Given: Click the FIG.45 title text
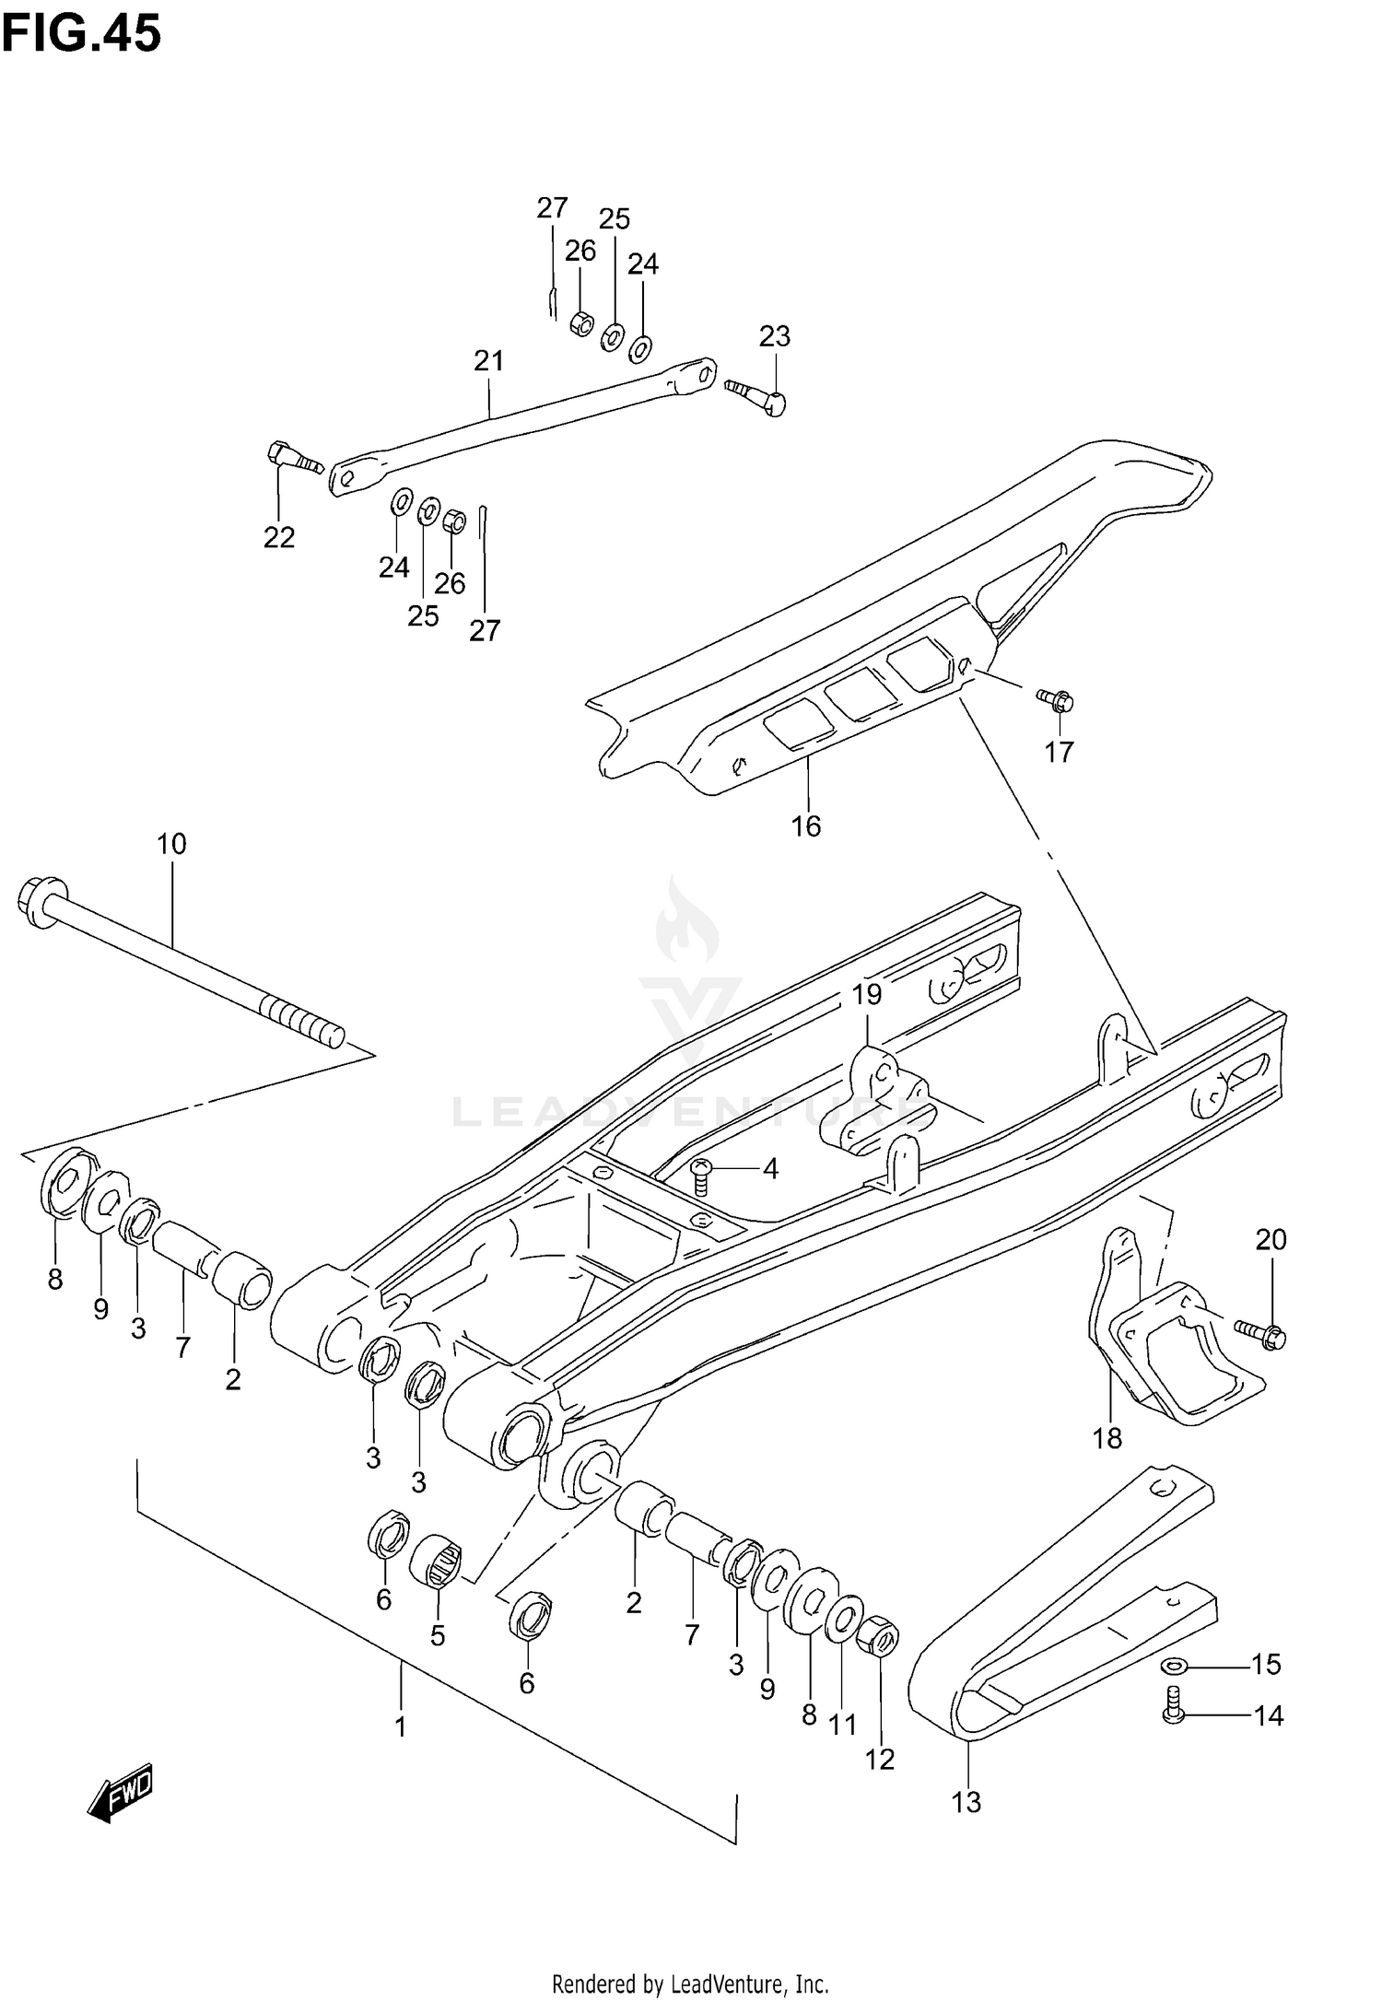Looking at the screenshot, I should (x=81, y=34).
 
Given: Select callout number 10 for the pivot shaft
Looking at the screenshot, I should (x=171, y=843).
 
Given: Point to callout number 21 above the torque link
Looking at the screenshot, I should (x=489, y=360).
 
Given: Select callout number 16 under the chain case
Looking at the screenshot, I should (x=806, y=826).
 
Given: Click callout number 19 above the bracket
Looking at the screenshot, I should (x=866, y=994).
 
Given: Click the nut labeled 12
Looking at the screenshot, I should (x=877, y=1664).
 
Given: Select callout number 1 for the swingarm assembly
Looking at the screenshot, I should (x=400, y=1726).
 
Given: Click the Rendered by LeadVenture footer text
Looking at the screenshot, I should (x=690, y=1976).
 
